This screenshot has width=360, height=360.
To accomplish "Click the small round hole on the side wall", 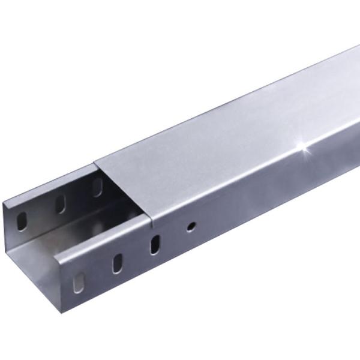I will tap(190, 227).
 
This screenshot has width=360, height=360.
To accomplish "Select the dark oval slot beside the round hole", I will tap(155, 244).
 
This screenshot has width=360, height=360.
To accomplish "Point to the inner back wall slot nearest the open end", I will tap(22, 220).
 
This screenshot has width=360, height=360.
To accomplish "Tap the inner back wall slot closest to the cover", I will tap(97, 186).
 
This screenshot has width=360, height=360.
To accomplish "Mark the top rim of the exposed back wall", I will tap(48, 183).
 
